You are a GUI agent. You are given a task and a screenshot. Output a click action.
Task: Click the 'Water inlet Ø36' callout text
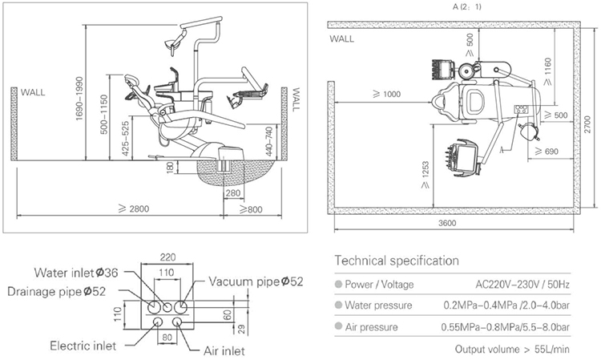76,273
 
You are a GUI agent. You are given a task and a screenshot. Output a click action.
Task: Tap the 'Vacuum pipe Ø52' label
256,281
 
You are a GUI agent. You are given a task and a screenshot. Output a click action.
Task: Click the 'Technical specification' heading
397,261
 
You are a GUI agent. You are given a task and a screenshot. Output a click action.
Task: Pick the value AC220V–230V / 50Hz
522,283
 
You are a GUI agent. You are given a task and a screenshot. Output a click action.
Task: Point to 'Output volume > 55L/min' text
512,349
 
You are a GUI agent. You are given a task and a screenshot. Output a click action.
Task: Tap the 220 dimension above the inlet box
166,257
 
